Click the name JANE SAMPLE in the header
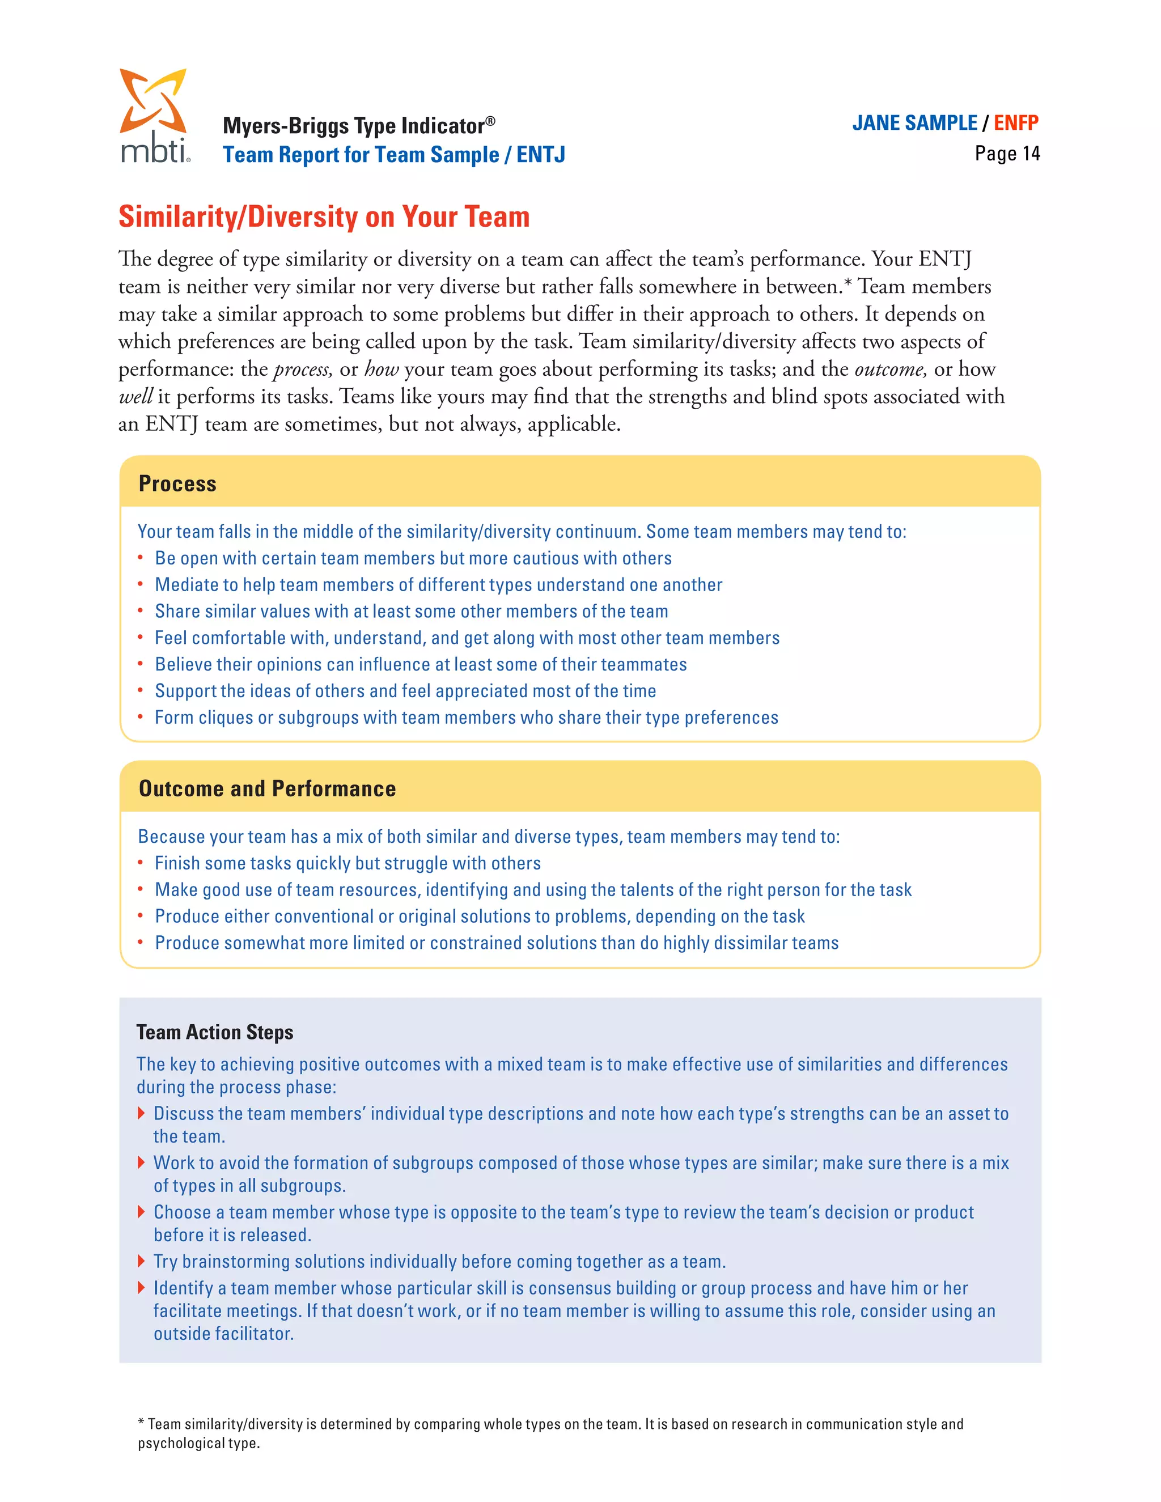914,123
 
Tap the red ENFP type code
1015,123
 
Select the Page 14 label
1007,154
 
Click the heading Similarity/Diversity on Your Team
324,217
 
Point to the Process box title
177,483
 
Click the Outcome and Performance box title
267,788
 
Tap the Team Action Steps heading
215,1032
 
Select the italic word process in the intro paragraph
303,370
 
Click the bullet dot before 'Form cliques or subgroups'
141,716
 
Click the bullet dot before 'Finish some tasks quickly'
141,863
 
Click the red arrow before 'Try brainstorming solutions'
141,1261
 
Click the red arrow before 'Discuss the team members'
141,1113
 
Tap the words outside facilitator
223,1334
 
